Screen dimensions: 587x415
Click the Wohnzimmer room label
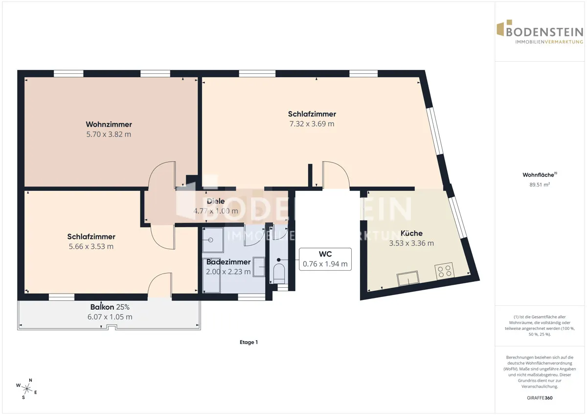109,124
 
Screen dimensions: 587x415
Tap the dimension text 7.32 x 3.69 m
312,124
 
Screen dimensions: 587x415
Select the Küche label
411,233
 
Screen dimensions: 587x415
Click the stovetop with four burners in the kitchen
444,271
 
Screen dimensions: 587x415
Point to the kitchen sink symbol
408,278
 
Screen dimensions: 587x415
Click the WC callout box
325,259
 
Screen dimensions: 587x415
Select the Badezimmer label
228,262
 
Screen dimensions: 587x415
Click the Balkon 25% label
110,307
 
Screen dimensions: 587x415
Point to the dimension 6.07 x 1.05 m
110,317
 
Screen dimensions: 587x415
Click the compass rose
27,389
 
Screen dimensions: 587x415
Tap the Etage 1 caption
248,342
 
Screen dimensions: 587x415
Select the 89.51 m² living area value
540,184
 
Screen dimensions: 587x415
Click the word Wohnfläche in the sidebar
538,175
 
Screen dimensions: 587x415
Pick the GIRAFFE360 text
540,398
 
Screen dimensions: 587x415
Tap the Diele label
216,201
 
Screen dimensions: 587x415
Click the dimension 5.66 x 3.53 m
91,247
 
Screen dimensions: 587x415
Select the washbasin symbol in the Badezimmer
259,267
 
